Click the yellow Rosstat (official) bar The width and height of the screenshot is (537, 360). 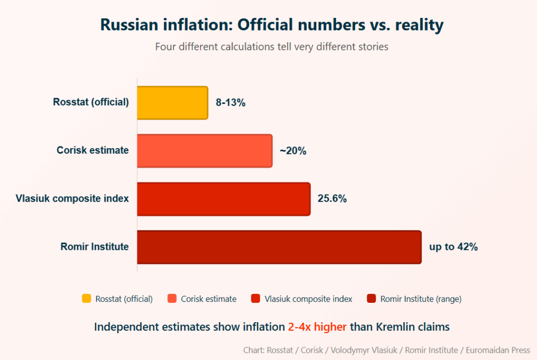173,103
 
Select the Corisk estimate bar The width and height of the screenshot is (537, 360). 205,151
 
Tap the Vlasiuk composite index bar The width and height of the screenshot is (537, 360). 224,199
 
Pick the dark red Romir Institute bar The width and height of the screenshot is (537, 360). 279,247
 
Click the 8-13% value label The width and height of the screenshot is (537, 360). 231,103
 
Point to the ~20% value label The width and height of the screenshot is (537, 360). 293,151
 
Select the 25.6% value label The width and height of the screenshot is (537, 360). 332,199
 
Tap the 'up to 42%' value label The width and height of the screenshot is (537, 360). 454,247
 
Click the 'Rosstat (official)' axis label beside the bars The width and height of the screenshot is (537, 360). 91,102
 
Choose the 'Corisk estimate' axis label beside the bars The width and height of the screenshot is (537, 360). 92,151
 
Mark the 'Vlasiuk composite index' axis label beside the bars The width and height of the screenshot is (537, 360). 72,198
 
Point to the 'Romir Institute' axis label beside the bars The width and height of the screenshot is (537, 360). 94,247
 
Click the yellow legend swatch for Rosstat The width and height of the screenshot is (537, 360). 87,299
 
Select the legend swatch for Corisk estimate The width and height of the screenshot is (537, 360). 172,299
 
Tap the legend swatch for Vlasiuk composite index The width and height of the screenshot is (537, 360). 256,299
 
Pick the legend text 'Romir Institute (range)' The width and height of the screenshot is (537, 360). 421,299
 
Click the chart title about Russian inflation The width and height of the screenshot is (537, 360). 272,25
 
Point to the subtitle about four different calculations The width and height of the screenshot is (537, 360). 272,47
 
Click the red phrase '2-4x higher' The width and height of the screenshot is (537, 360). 317,327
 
